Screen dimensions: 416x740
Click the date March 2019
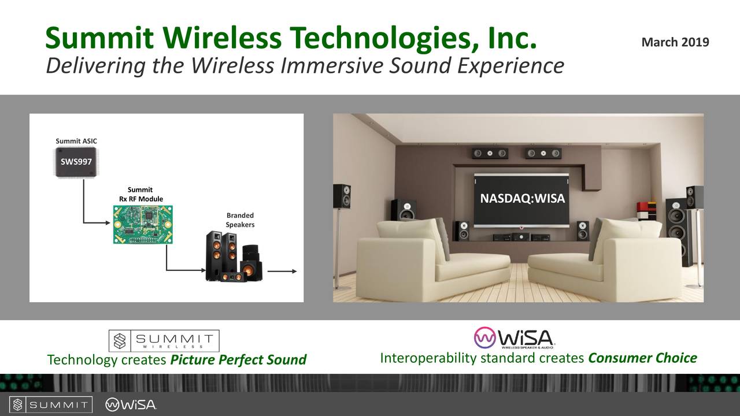pos(675,42)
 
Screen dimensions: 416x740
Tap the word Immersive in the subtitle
pos(331,66)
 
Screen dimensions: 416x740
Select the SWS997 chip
pos(76,161)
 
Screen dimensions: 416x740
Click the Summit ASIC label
pos(73,141)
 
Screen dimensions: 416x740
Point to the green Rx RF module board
pos(142,224)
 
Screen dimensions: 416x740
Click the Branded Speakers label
pos(239,220)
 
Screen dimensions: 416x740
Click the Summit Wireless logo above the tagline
pos(164,341)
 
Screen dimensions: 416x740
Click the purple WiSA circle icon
pos(484,337)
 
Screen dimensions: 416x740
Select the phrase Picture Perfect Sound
pos(238,360)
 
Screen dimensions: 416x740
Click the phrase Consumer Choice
pos(642,358)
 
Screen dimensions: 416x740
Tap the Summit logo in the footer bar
pos(51,404)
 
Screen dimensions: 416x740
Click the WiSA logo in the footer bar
pos(131,404)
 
